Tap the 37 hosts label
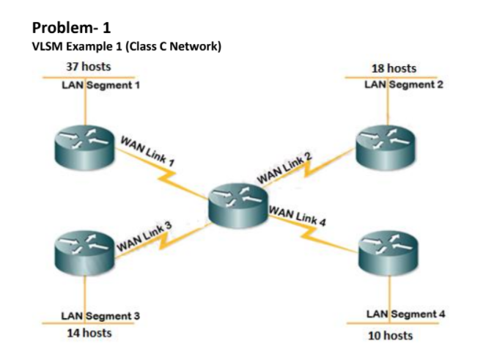tap(88, 67)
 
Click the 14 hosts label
tap(89, 333)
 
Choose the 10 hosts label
tap(389, 336)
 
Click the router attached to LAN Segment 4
tap(389, 253)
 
